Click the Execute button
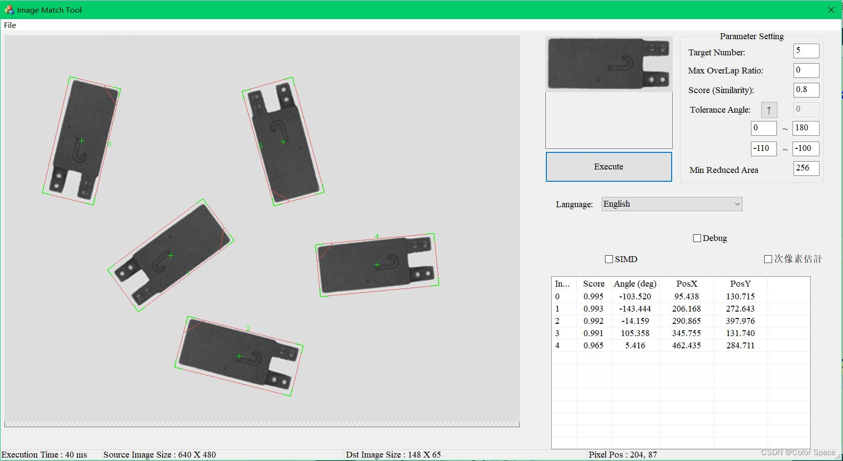tap(609, 167)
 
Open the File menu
tap(10, 25)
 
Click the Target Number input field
tap(806, 50)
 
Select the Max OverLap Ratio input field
tap(806, 70)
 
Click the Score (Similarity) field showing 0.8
tap(806, 90)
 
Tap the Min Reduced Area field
tap(806, 168)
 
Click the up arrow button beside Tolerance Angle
tap(769, 110)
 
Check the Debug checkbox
tap(697, 238)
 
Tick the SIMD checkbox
tap(609, 259)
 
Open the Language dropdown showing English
tap(672, 204)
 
